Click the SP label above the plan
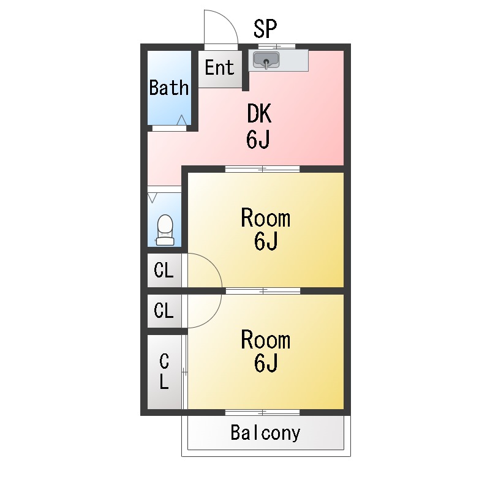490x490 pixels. [265, 28]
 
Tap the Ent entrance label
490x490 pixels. [219, 67]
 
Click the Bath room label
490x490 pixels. [169, 88]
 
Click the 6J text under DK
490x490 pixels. [258, 140]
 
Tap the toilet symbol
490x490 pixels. [165, 230]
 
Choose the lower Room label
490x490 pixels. [265, 339]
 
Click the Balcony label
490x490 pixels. [265, 433]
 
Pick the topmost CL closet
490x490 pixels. [164, 270]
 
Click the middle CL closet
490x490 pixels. [164, 311]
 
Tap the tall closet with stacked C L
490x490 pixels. [164, 372]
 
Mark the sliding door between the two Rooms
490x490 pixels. [263, 291]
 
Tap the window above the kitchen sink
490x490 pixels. [276, 47]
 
